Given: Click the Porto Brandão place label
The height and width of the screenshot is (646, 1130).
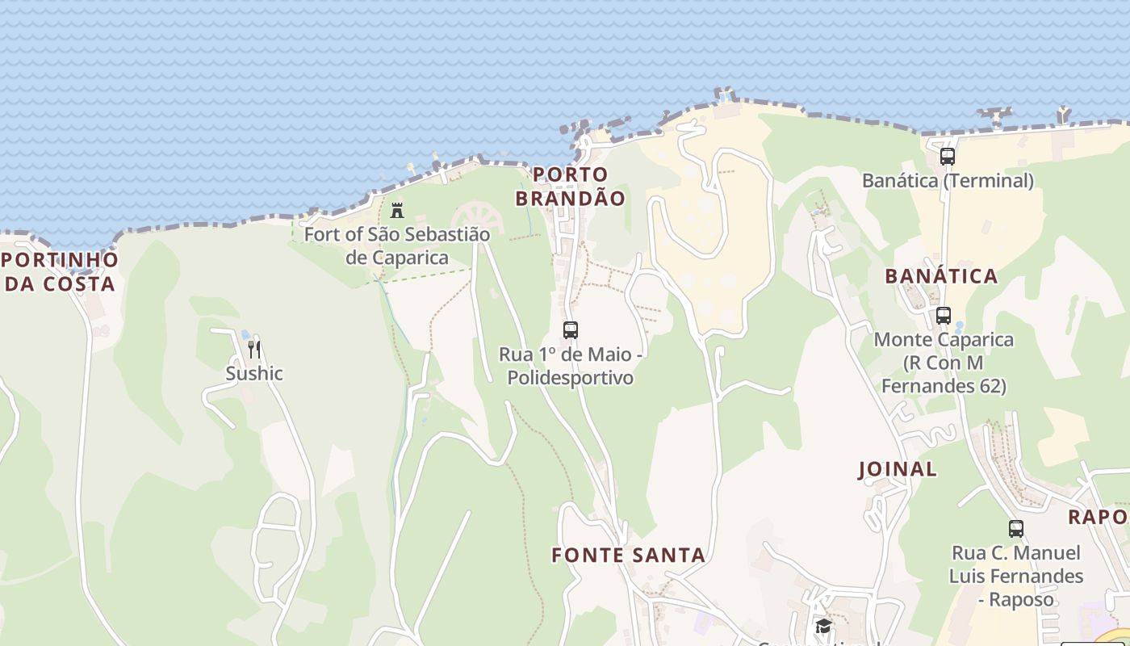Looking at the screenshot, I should (x=570, y=187).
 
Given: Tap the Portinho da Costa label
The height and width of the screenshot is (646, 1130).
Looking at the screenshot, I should (x=60, y=272).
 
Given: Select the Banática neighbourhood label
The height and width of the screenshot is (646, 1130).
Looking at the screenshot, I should (x=941, y=276).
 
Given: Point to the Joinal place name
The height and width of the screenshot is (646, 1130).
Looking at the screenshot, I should (x=897, y=469).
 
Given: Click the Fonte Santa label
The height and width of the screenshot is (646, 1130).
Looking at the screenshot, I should (x=628, y=556).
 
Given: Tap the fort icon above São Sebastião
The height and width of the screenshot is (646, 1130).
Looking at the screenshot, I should (x=397, y=211).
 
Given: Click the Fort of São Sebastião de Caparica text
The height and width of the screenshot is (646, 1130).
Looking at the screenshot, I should (x=397, y=246).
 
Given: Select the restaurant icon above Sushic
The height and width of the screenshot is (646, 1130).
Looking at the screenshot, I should (x=254, y=350).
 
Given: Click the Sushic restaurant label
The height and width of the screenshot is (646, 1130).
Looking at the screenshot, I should (x=254, y=374).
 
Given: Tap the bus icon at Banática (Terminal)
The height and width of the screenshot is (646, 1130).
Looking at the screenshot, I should (x=948, y=157).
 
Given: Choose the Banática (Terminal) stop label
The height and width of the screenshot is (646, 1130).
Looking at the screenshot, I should (x=948, y=181).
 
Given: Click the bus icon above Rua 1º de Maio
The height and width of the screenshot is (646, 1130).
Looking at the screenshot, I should (x=571, y=330).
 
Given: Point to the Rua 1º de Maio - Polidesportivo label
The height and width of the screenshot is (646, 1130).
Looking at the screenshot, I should (x=571, y=366).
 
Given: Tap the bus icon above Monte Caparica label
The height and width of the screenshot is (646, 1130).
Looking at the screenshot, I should (x=944, y=316).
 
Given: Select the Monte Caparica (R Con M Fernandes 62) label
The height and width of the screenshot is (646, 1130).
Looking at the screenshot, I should (x=944, y=363).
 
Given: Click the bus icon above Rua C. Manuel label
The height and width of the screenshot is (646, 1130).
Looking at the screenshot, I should (x=1016, y=529).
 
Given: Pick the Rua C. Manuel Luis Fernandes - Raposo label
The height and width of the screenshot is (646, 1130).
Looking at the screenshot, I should (x=1016, y=577).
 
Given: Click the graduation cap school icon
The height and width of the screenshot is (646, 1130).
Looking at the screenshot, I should (x=823, y=627).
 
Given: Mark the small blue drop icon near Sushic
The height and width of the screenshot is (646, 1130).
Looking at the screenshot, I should (x=245, y=335).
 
